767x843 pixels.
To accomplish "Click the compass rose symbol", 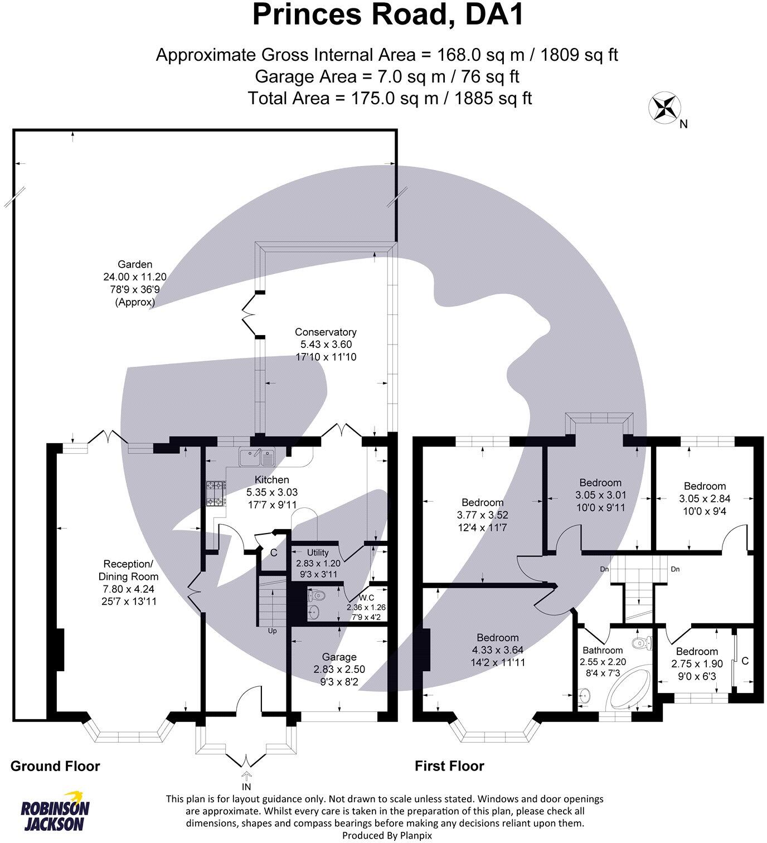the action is pos(665,109).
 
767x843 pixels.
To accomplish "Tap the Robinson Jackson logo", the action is pos(55,812).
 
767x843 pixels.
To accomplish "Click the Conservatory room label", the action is pos(326,332).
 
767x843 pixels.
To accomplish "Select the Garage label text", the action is pos(339,657).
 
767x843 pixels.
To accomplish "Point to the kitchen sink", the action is pos(257,457).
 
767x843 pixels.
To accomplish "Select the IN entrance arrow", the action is pos(246,776).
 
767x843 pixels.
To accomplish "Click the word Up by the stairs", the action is pos(273,631).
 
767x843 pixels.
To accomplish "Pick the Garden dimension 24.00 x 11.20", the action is pos(135,277).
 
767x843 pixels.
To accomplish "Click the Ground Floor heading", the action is pos(55,766).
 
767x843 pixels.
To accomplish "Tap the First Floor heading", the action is pos(449,766).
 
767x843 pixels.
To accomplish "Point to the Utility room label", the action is pos(318,553).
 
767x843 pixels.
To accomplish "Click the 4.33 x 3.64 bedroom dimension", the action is pos(498,650).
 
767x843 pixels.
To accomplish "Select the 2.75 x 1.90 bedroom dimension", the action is pos(697,663).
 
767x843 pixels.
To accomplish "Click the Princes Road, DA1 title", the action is pos(388,14).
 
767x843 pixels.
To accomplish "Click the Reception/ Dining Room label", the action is pos(129,570).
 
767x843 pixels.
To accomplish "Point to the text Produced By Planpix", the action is pos(387,836).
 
